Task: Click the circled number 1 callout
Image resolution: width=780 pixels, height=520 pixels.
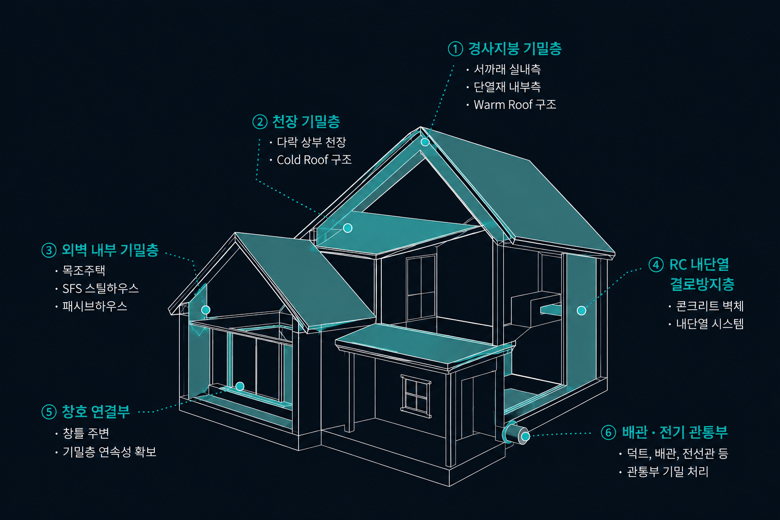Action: (x=455, y=49)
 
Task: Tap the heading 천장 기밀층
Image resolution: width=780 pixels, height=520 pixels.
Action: (x=306, y=121)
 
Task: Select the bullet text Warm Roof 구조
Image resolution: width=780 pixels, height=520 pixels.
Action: (x=514, y=105)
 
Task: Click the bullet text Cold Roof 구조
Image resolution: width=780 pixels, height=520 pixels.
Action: (x=314, y=160)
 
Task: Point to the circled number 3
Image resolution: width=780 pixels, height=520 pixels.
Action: (x=49, y=250)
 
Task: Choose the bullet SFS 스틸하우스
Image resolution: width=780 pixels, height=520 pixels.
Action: (x=100, y=288)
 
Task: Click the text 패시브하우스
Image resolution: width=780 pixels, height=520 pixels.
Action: (x=95, y=306)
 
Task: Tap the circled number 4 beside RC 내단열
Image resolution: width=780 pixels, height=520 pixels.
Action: (x=656, y=265)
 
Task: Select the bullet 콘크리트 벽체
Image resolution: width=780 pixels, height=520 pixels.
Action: (x=709, y=306)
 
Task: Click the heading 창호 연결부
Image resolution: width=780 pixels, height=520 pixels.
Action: (x=96, y=411)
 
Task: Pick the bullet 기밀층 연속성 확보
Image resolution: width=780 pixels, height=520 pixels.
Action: (x=109, y=452)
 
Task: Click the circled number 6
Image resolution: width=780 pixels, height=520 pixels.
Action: (x=608, y=432)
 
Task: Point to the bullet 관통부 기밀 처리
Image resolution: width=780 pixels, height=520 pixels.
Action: (x=668, y=472)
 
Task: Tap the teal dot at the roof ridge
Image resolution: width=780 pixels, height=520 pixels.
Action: (x=425, y=142)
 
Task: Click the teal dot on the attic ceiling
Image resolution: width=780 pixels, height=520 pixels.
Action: (x=347, y=228)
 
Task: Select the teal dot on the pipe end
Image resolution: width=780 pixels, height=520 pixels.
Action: (x=525, y=436)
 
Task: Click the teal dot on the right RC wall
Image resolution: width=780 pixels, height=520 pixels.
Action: (x=581, y=310)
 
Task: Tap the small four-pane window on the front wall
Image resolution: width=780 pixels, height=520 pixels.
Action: (x=416, y=396)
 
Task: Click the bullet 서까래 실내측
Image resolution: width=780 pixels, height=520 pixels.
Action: (x=507, y=69)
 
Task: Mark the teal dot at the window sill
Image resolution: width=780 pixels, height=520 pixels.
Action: (x=240, y=386)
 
